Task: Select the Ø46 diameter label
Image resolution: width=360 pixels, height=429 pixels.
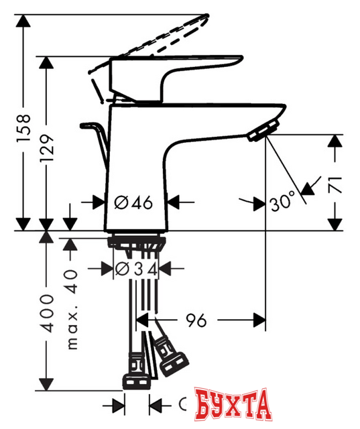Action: click(x=135, y=201)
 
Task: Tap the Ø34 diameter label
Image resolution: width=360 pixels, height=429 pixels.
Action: click(x=137, y=269)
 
